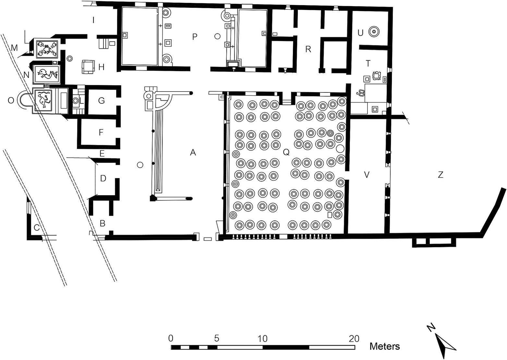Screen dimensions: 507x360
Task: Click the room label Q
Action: tap(286, 152)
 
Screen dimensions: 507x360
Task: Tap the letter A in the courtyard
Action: tap(193, 153)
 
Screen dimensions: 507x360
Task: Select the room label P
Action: tap(195, 36)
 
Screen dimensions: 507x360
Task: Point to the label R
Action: tap(308, 49)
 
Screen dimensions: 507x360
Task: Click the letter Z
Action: tap(441, 175)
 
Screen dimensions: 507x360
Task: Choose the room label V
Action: tap(367, 175)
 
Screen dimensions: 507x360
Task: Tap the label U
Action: tap(360, 33)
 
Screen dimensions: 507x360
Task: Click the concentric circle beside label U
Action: tap(374, 32)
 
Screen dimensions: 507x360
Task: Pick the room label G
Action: tap(102, 101)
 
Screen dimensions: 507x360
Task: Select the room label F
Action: tap(101, 132)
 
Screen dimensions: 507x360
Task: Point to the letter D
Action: tap(103, 178)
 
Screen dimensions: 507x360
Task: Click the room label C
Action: tap(37, 228)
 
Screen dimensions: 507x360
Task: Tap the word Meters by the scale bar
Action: tap(385, 346)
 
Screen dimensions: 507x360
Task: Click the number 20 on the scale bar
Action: tap(354, 339)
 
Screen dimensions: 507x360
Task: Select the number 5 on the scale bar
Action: tap(217, 339)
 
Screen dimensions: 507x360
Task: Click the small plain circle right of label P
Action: tap(217, 36)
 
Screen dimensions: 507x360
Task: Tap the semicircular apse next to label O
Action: tap(24, 100)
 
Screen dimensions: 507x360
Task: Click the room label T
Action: tap(368, 64)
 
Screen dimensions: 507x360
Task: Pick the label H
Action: tap(102, 67)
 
